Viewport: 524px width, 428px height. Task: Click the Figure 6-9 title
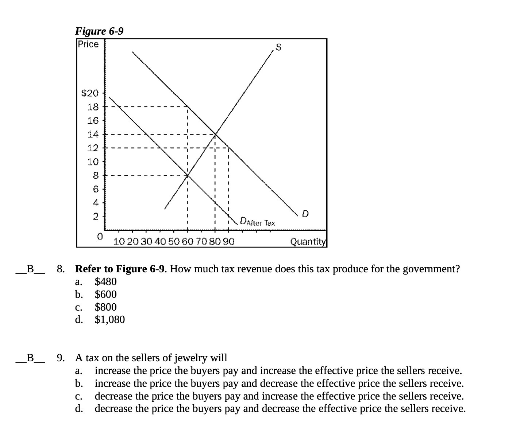point(99,31)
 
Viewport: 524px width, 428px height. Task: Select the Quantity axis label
point(308,241)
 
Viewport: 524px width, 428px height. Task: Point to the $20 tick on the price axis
point(90,93)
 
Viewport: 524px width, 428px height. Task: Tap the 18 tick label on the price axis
point(93,107)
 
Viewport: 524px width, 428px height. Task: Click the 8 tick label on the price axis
point(95,176)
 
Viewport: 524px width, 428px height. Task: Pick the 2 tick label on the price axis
point(95,217)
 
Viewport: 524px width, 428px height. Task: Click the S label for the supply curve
point(278,47)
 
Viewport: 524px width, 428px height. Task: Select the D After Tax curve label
point(258,222)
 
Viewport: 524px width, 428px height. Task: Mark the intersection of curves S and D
point(215,135)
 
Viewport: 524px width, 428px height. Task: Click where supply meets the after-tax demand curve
point(188,176)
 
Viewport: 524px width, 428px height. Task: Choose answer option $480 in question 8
point(105,281)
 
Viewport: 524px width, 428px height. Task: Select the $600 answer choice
point(105,294)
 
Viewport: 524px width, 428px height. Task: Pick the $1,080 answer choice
point(109,319)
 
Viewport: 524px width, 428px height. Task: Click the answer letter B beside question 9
point(30,358)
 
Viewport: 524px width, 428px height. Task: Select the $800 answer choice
point(105,307)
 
